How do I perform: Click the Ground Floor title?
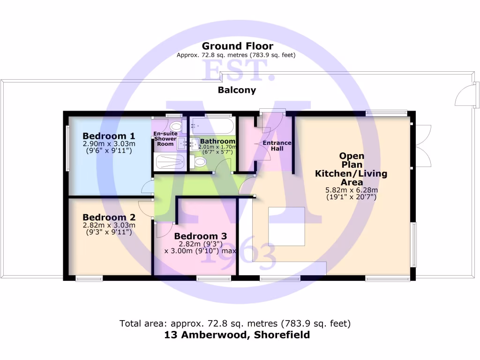pyautogui.click(x=237, y=46)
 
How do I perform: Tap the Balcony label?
pyautogui.click(x=237, y=90)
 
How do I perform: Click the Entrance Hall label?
pyautogui.click(x=277, y=146)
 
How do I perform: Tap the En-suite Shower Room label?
pyautogui.click(x=165, y=139)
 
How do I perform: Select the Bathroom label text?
pyautogui.click(x=217, y=141)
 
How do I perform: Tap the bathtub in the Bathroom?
pyautogui.click(x=211, y=126)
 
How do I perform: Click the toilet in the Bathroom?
pyautogui.click(x=199, y=162)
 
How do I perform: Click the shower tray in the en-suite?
pyautogui.click(x=169, y=162)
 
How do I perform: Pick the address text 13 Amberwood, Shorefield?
pyautogui.click(x=237, y=335)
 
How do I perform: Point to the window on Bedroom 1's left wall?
pyautogui.click(x=67, y=148)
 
